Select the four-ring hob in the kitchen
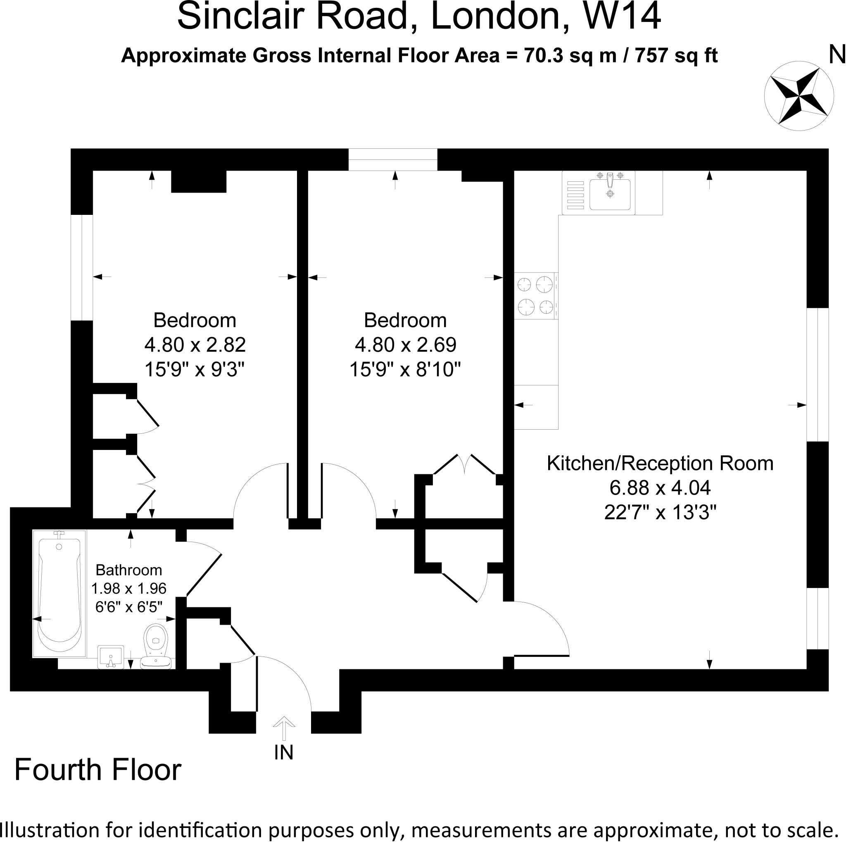[535, 295]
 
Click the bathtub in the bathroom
[59, 593]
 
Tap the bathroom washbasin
[111, 657]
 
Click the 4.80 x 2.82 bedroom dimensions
[195, 345]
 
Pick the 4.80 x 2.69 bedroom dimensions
[406, 345]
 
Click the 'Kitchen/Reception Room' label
[660, 463]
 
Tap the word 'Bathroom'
[129, 570]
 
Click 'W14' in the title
[622, 17]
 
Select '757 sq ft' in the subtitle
[676, 56]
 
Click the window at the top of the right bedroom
[393, 159]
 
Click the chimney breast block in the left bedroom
[198, 181]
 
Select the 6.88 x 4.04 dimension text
[660, 488]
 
